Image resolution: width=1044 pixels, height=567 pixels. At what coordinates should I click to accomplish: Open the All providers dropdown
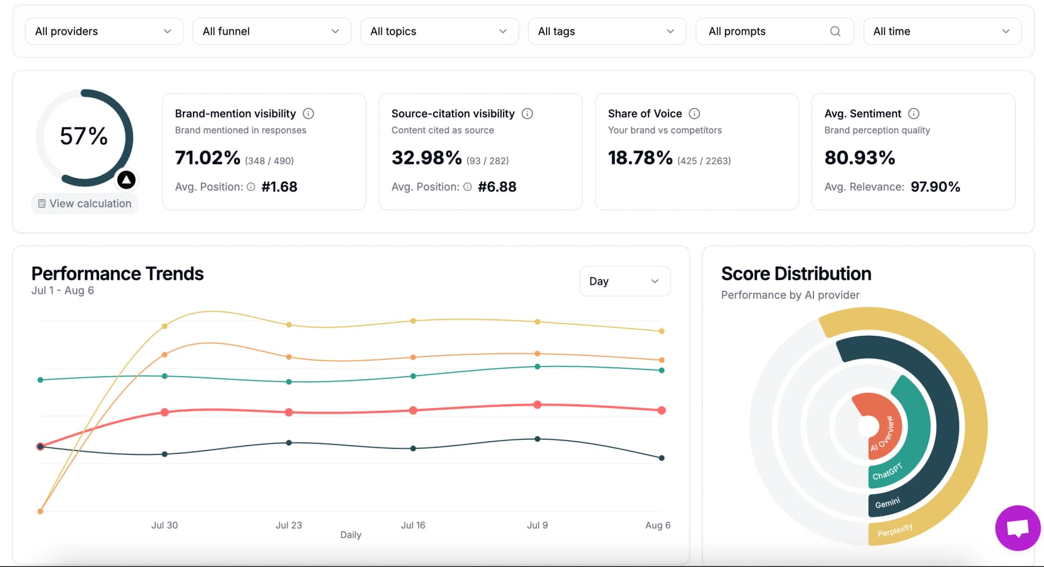pyautogui.click(x=103, y=32)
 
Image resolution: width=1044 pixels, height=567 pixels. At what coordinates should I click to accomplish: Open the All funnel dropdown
pyautogui.click(x=271, y=32)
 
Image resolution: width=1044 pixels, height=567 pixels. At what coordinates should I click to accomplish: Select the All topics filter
pyautogui.click(x=439, y=32)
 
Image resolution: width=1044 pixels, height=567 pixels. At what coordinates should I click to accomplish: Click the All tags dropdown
pyautogui.click(x=606, y=32)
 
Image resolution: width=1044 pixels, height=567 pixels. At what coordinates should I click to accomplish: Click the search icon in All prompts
pyautogui.click(x=835, y=32)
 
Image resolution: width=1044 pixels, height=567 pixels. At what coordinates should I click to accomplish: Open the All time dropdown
pyautogui.click(x=942, y=32)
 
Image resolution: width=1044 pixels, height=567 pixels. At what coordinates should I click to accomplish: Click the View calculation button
pyautogui.click(x=85, y=204)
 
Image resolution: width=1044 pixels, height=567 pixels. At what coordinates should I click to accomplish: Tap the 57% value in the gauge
pyautogui.click(x=84, y=136)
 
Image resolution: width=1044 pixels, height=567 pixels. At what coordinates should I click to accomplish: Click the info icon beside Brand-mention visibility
pyautogui.click(x=308, y=114)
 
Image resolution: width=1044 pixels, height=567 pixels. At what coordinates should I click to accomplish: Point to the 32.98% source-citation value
pyautogui.click(x=427, y=158)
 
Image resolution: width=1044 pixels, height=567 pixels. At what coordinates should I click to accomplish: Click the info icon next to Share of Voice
pyautogui.click(x=694, y=114)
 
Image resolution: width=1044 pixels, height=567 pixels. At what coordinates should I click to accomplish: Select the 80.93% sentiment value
pyautogui.click(x=860, y=158)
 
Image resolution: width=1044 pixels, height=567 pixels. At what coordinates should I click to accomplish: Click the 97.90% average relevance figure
pyautogui.click(x=935, y=187)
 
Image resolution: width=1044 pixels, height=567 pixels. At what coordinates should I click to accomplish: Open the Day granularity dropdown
pyautogui.click(x=624, y=281)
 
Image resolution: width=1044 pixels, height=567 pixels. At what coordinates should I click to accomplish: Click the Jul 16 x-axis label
pyautogui.click(x=413, y=525)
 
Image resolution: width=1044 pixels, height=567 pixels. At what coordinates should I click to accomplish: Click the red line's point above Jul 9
pyautogui.click(x=537, y=405)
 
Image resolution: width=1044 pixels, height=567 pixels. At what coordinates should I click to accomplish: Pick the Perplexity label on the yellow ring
pyautogui.click(x=895, y=530)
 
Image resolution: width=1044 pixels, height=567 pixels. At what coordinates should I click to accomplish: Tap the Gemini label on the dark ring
pyautogui.click(x=887, y=503)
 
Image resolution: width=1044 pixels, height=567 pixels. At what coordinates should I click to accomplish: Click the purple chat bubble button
pyautogui.click(x=1017, y=528)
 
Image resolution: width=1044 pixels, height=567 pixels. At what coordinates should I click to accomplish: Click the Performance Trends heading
pyautogui.click(x=117, y=274)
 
